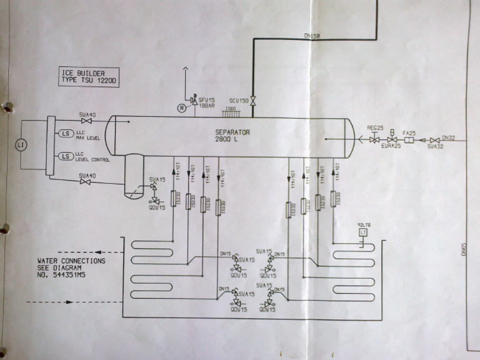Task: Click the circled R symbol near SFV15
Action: [x=181, y=107]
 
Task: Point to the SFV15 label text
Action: [x=206, y=101]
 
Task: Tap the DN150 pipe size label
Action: [x=312, y=37]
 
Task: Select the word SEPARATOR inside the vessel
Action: [x=232, y=132]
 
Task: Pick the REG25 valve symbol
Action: [x=374, y=141]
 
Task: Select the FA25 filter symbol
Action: [x=409, y=141]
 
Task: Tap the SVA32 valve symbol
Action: [x=435, y=141]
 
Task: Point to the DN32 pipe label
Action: [x=449, y=137]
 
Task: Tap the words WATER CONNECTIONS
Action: [x=71, y=261]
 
